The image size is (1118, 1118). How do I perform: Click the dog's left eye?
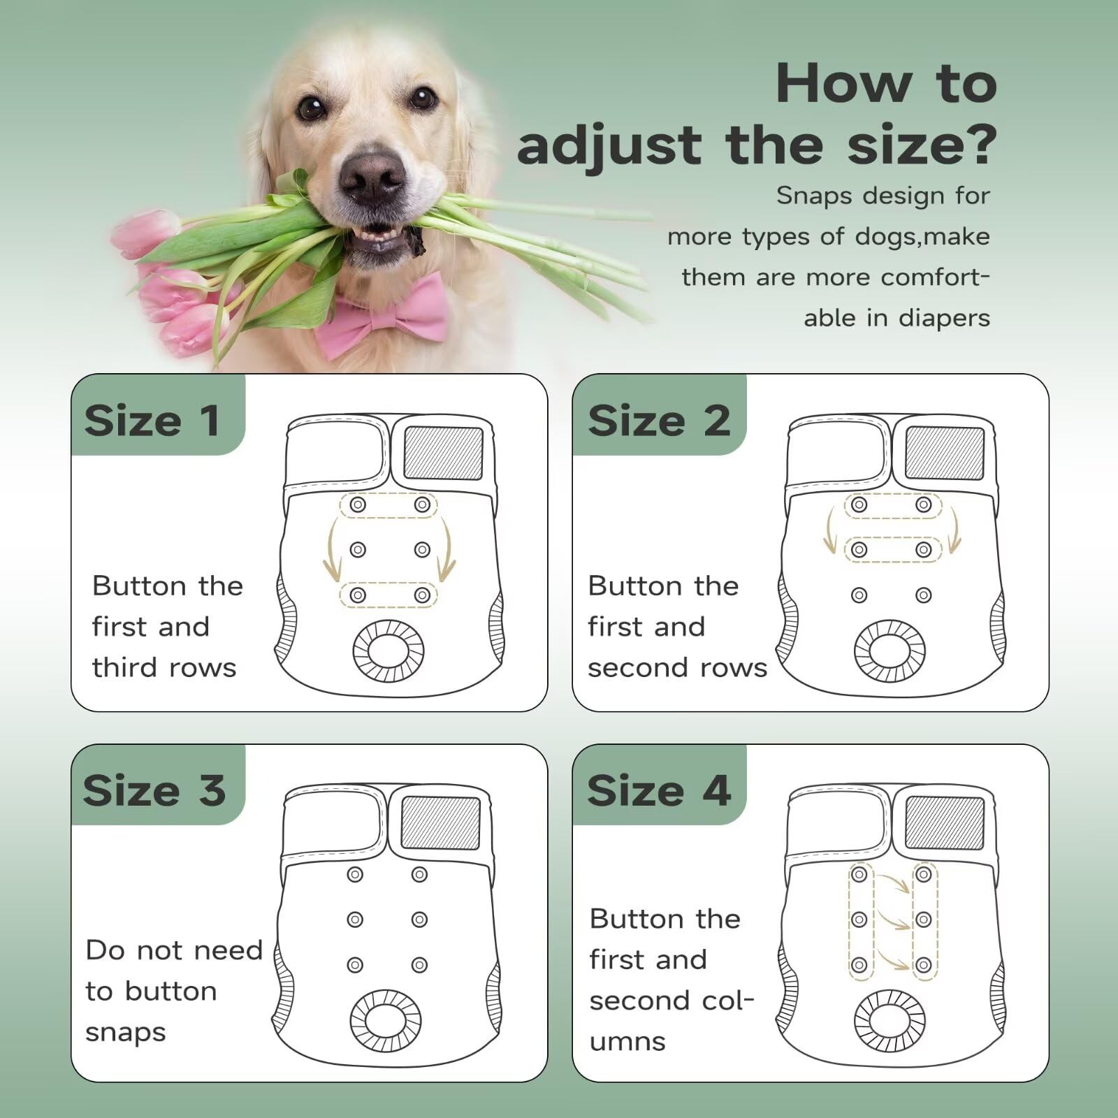click(x=424, y=97)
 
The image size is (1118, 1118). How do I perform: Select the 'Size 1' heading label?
click(x=152, y=421)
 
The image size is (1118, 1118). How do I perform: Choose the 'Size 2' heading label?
click(x=659, y=421)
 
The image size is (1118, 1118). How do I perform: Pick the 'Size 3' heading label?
click(x=154, y=790)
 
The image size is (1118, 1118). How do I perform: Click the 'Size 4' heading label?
click(x=659, y=790)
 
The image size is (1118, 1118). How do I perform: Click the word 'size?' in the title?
click(x=922, y=144)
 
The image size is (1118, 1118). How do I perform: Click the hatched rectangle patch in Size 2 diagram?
click(x=945, y=453)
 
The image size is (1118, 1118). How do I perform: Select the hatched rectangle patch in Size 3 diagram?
click(x=441, y=823)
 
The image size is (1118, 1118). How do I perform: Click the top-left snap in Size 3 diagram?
click(x=355, y=874)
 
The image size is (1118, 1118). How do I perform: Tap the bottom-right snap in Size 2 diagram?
click(x=924, y=595)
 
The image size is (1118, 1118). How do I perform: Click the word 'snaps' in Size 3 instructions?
click(x=126, y=1033)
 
